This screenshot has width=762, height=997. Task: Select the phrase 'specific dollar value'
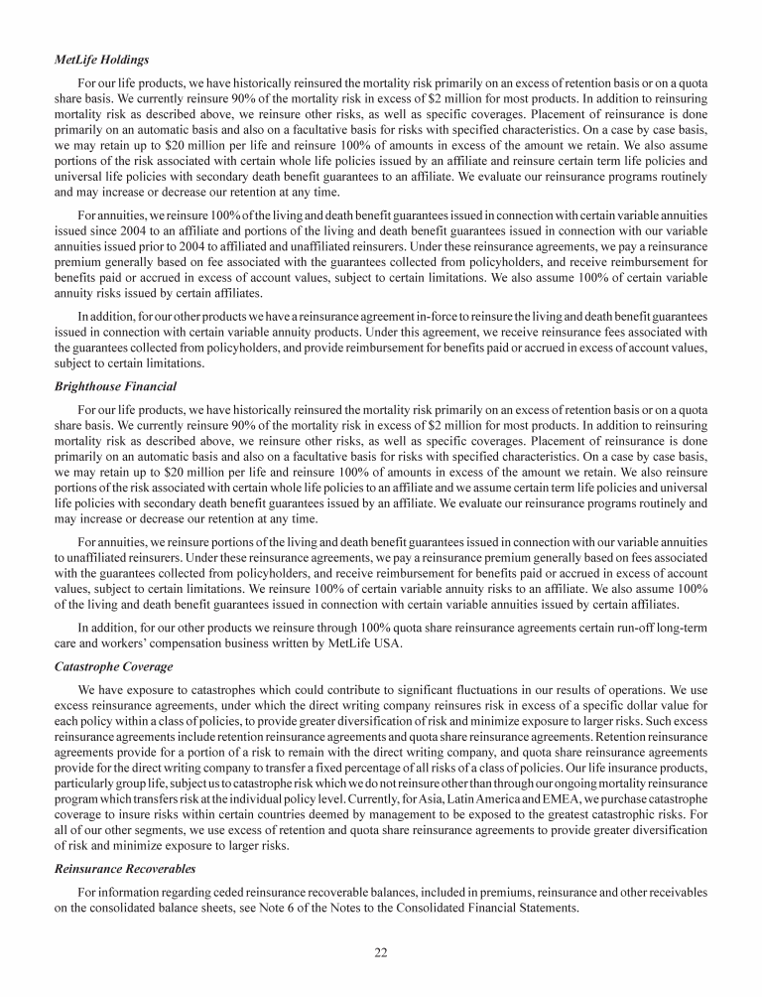[x=626, y=709]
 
